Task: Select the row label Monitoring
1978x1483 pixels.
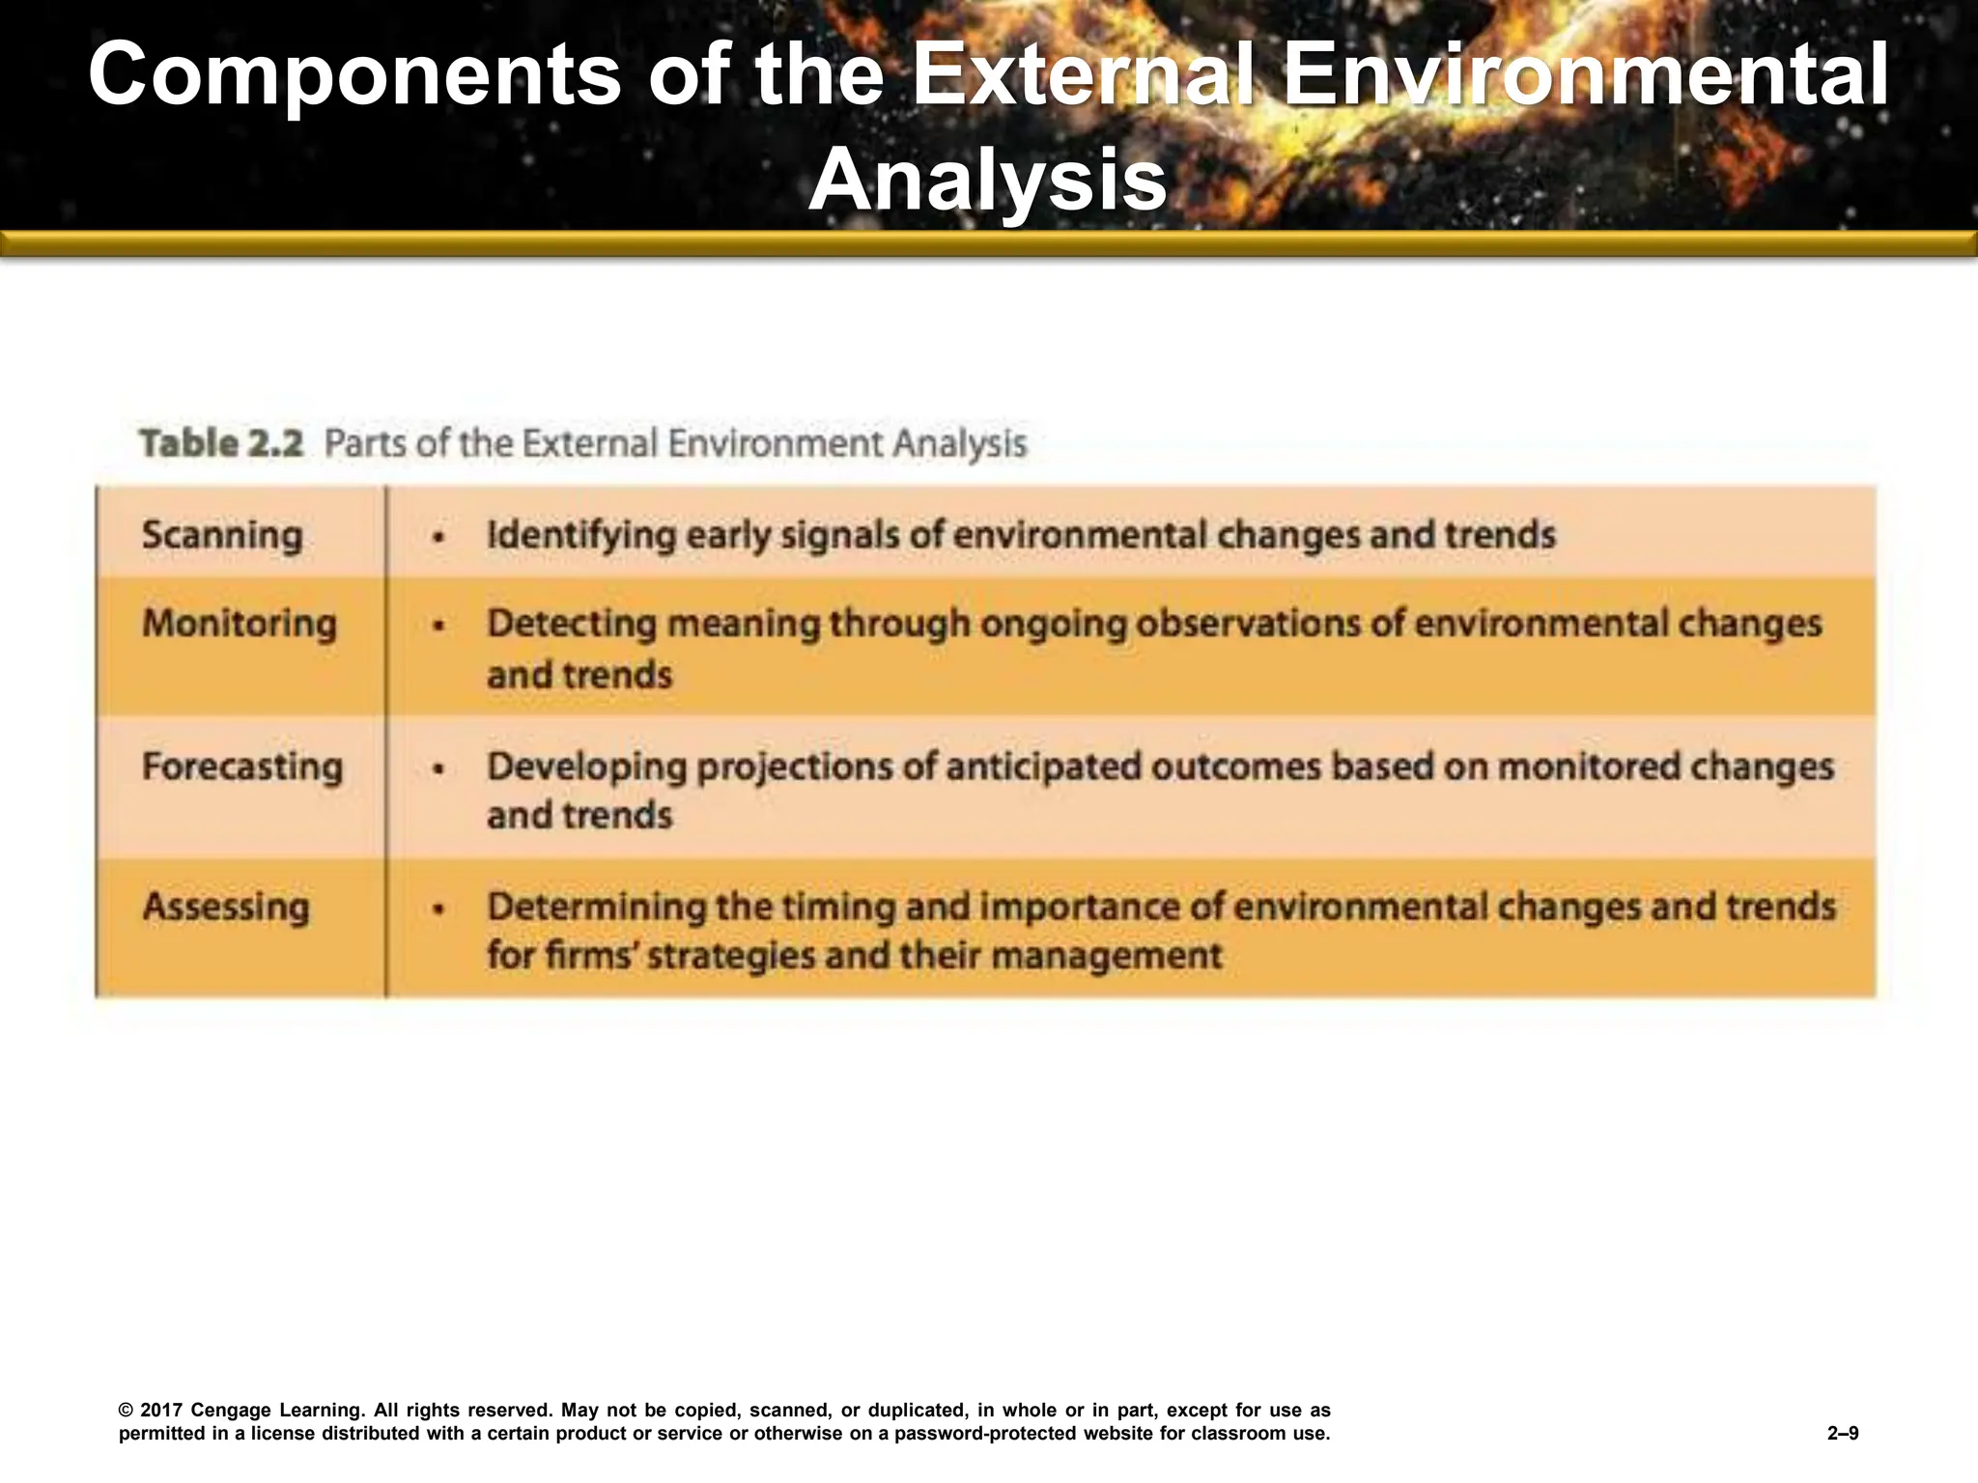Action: [240, 624]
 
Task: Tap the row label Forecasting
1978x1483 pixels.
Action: [242, 767]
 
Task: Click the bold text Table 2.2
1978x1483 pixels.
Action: [221, 444]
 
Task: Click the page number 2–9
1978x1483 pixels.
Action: [1843, 1434]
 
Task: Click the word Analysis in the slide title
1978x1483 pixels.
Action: [988, 181]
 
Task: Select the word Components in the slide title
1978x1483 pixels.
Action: [354, 75]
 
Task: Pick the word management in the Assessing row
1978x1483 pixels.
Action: [1106, 956]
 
